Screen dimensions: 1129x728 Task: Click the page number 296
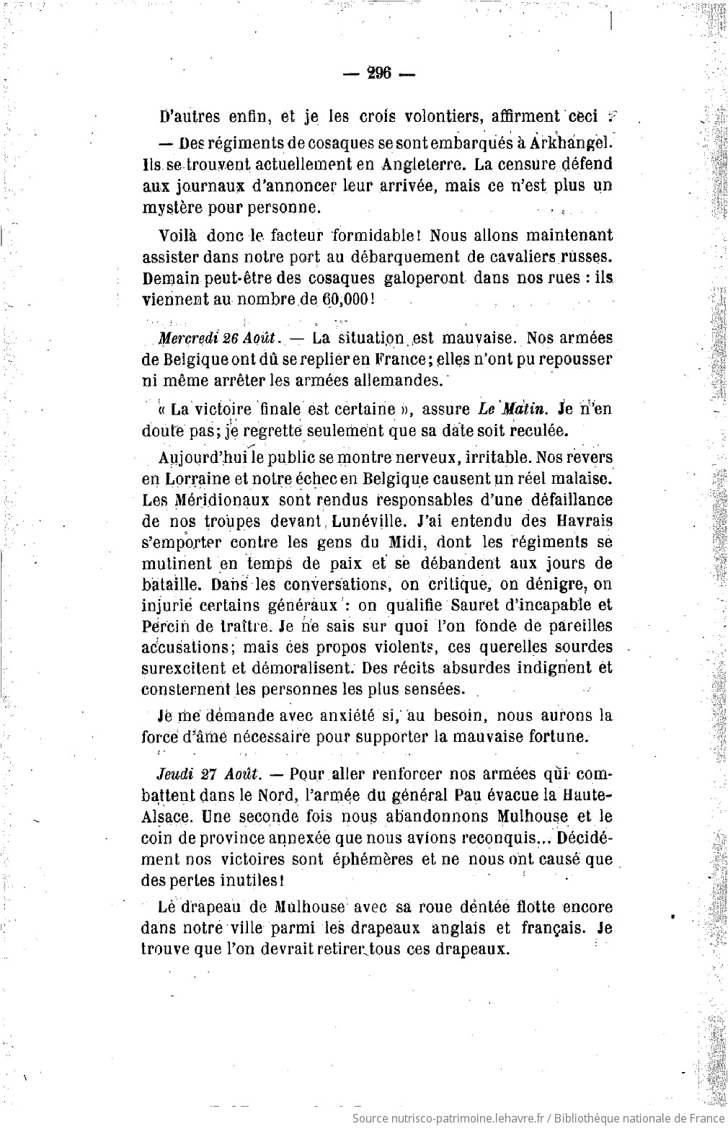tap(378, 72)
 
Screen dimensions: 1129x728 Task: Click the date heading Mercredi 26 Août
tap(221, 338)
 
